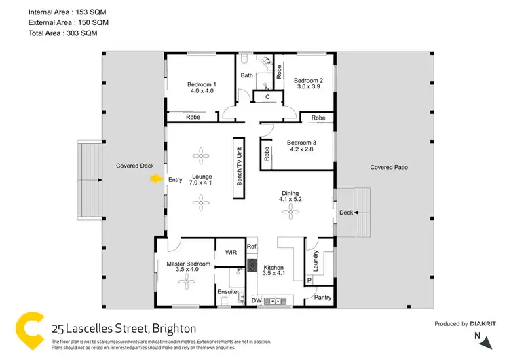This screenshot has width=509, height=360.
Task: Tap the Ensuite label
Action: pyautogui.click(x=227, y=292)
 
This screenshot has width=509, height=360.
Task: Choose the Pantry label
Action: pyautogui.click(x=322, y=298)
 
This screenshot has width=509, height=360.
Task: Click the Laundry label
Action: pyautogui.click(x=316, y=260)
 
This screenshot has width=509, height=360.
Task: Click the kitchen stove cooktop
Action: pyautogui.click(x=252, y=266)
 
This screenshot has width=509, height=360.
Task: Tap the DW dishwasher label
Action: pyautogui.click(x=257, y=300)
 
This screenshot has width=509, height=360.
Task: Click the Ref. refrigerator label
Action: pyautogui.click(x=252, y=247)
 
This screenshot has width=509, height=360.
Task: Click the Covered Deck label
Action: pyautogui.click(x=135, y=166)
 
